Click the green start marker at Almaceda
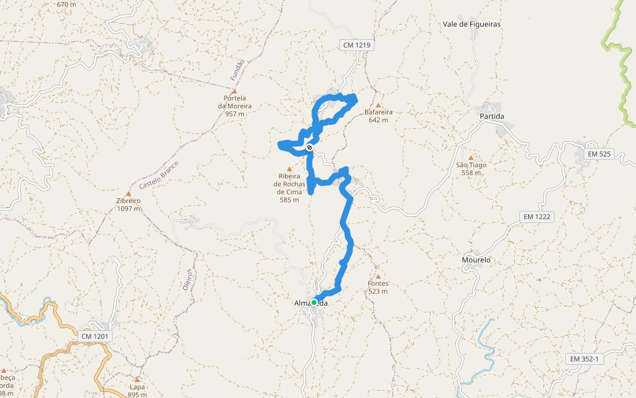(314, 302)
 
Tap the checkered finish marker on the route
(309, 147)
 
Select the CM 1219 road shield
(358, 45)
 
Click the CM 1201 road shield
(95, 336)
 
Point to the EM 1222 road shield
(537, 217)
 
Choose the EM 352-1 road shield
(584, 359)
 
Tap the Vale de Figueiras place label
(472, 24)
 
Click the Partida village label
(492, 116)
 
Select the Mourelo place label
(476, 260)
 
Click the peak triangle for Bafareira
(378, 105)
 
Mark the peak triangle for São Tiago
(471, 158)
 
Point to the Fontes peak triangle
(378, 277)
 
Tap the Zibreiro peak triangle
(129, 194)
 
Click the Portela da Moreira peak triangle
(234, 92)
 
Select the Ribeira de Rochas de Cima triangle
(289, 169)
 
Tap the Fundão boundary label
(237, 70)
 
